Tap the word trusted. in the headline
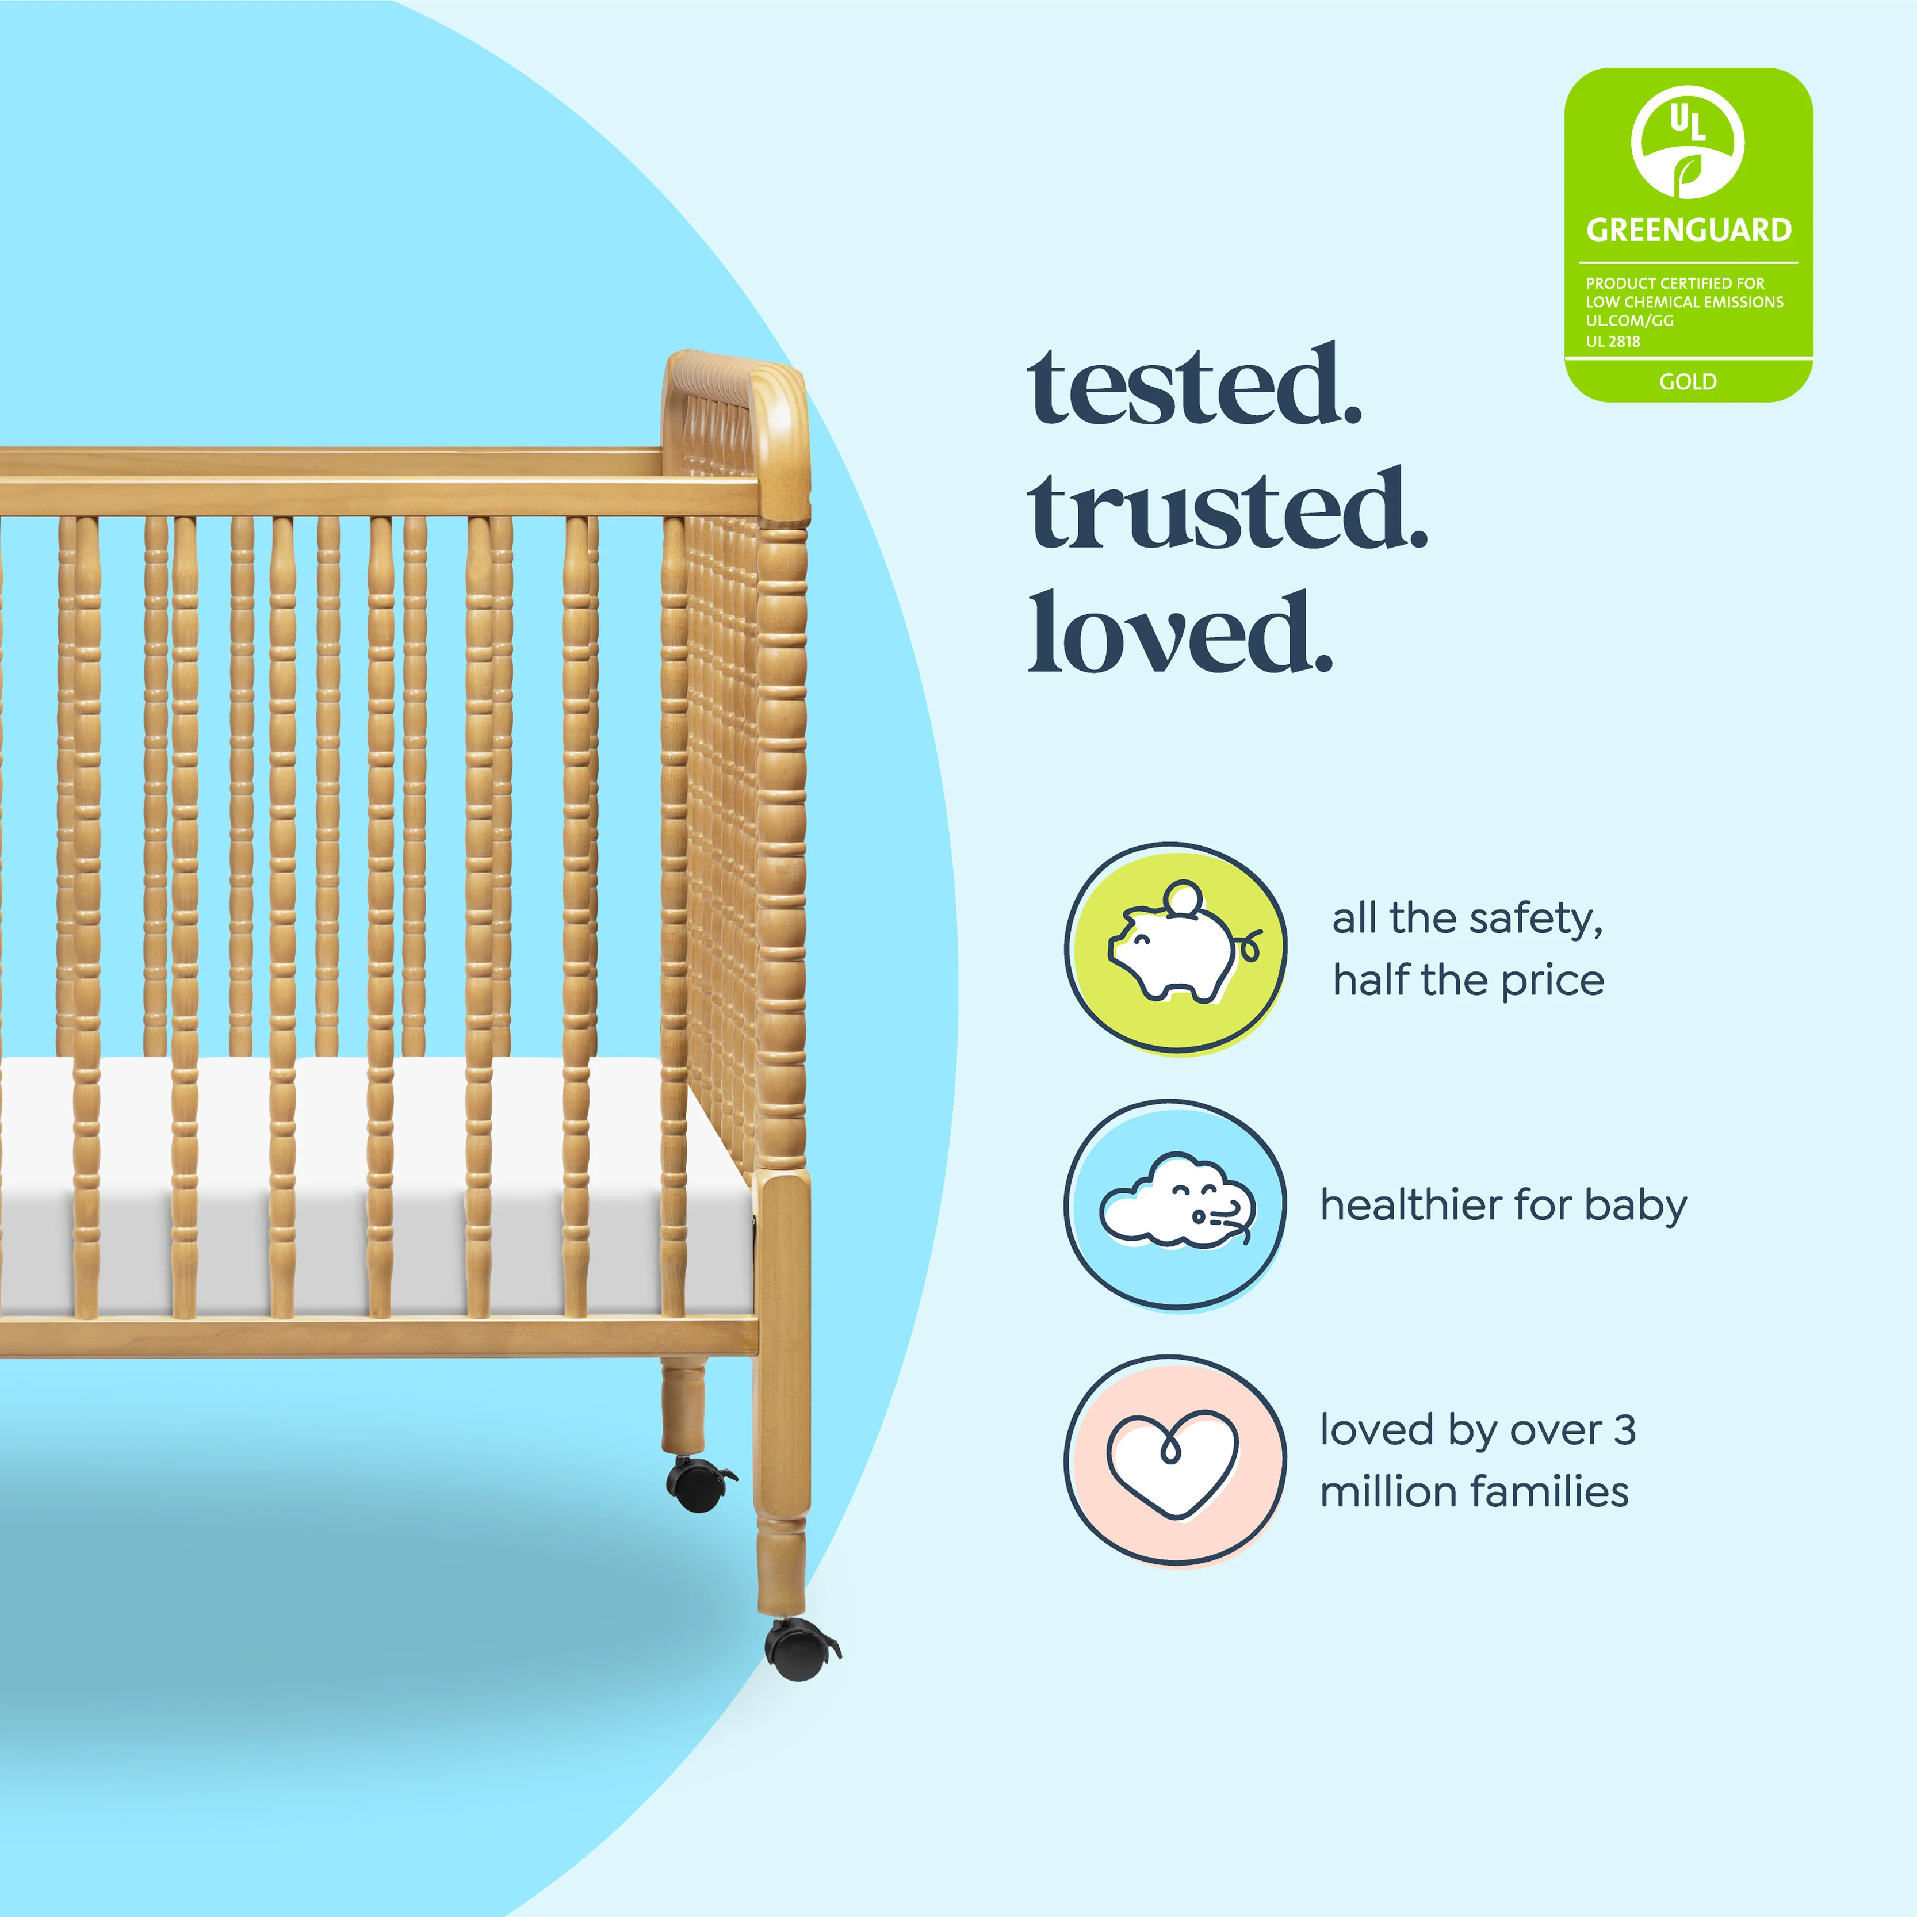1229,510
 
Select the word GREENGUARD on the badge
1689,230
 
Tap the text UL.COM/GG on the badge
1629,320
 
